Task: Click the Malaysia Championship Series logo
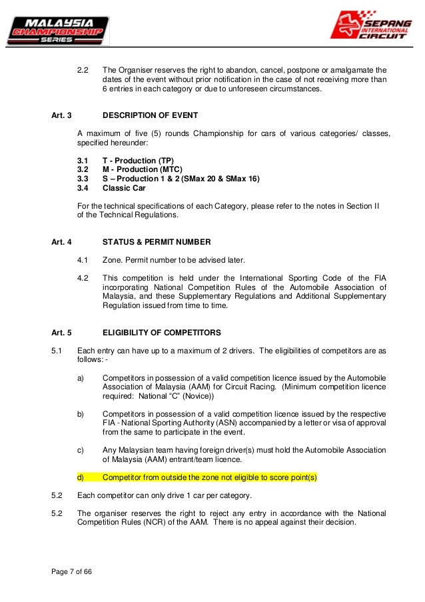(56, 31)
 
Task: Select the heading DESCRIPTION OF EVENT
(150, 115)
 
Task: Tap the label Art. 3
(62, 115)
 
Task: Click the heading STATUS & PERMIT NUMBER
(157, 241)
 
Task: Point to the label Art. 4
(62, 241)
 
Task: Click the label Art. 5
(62, 331)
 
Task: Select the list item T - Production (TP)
(138, 161)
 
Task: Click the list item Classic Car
(125, 188)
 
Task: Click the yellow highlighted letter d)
(81, 477)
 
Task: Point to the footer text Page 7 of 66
(71, 572)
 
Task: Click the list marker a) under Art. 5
(81, 377)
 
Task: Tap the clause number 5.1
(57, 350)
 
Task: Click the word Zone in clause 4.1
(113, 259)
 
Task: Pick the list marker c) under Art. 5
(81, 450)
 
